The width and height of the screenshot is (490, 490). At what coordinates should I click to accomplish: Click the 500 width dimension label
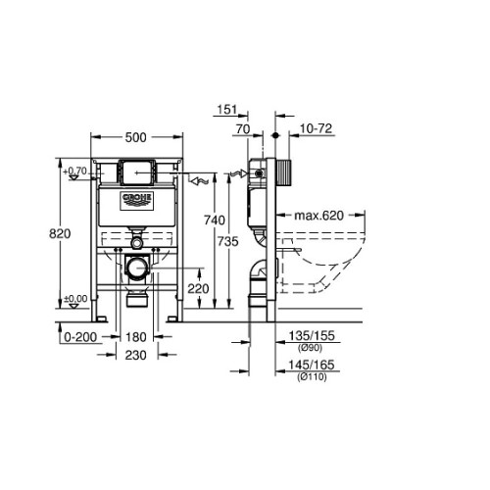(x=136, y=137)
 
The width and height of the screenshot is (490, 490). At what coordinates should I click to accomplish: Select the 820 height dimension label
(x=60, y=234)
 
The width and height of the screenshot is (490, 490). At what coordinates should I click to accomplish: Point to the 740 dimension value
(x=215, y=220)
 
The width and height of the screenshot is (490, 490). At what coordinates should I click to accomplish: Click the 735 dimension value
(x=228, y=241)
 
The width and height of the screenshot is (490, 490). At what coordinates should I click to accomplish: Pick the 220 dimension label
(x=198, y=289)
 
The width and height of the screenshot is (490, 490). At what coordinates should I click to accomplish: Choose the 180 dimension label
(x=136, y=337)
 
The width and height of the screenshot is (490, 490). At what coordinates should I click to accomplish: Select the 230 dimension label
(x=136, y=355)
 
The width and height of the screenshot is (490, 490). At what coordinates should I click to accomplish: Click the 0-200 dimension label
(x=80, y=337)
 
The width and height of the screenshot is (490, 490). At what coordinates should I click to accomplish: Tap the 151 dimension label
(x=227, y=110)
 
